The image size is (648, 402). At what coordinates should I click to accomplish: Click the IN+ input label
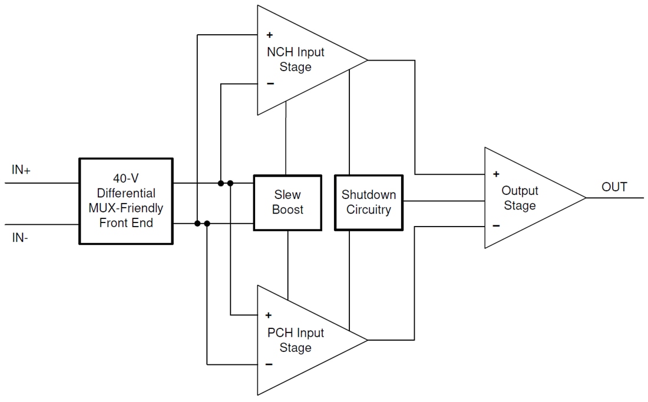click(21, 170)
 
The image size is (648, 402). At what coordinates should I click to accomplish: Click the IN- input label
click(20, 239)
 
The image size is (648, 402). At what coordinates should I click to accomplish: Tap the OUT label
click(614, 187)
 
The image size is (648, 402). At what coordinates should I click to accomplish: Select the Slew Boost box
click(287, 202)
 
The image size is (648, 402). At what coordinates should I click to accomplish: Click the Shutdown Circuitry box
click(368, 202)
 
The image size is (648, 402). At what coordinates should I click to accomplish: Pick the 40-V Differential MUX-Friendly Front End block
click(126, 201)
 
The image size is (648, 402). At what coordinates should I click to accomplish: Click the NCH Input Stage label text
click(296, 59)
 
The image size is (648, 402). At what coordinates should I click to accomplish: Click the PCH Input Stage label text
click(296, 340)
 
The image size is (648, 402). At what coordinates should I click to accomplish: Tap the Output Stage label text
click(520, 198)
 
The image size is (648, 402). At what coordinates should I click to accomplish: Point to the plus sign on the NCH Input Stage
click(270, 35)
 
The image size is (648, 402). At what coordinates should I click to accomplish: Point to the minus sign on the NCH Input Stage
click(270, 84)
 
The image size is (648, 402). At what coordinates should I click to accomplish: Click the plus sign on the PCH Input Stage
click(269, 315)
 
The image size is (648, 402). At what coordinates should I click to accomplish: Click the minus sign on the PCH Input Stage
click(269, 364)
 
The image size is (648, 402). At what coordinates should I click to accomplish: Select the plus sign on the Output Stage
click(496, 174)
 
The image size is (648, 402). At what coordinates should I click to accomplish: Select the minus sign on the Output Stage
click(496, 225)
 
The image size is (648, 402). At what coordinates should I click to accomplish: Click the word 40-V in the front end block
click(125, 178)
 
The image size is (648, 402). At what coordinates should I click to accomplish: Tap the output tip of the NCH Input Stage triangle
click(367, 60)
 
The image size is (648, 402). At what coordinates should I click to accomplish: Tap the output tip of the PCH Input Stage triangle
click(367, 340)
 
